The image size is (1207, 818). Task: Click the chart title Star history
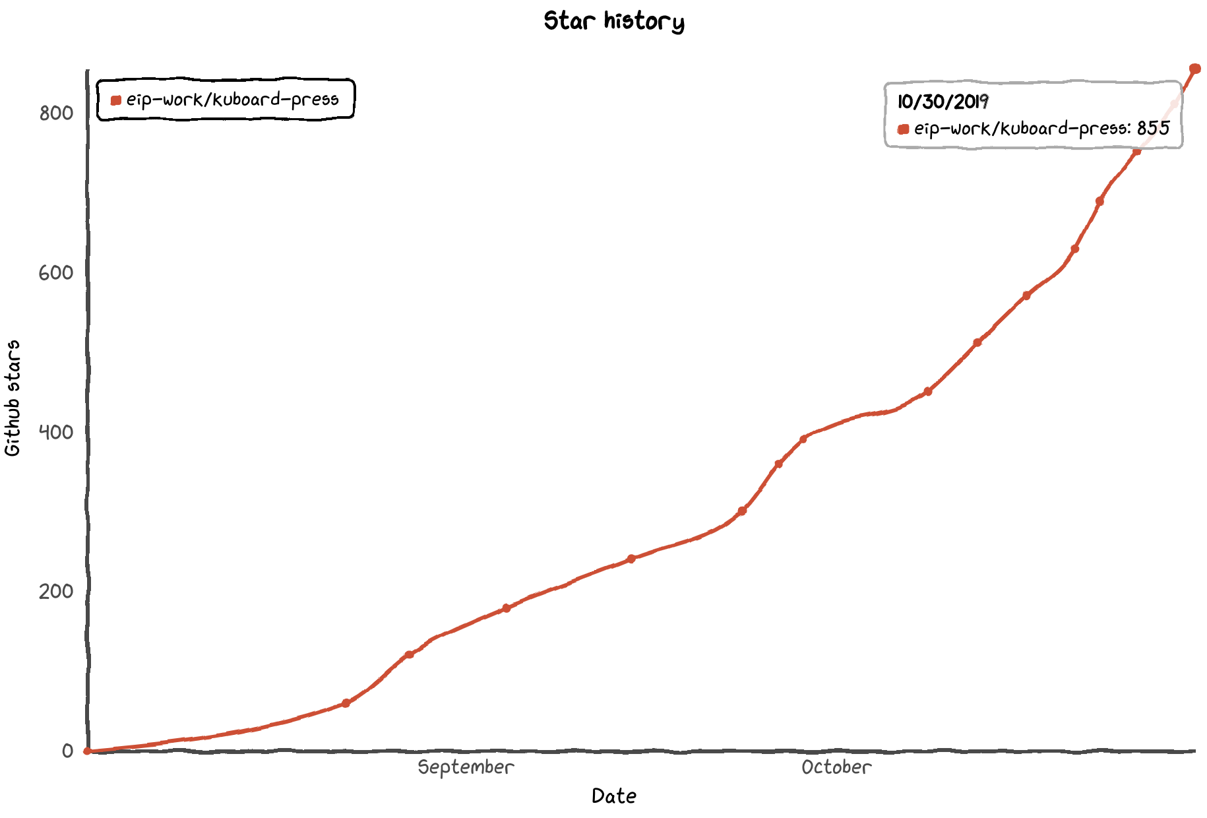(613, 21)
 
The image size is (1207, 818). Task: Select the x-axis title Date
(613, 796)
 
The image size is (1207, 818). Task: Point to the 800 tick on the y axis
(56, 113)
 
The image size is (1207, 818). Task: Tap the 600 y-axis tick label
(56, 273)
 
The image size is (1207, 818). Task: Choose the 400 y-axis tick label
(56, 433)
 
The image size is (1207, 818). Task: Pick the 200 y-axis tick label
(56, 591)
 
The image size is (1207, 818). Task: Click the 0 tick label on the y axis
(67, 751)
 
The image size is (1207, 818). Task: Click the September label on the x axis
(466, 767)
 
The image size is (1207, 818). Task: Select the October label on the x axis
(836, 767)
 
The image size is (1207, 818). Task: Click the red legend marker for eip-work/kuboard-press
(116, 100)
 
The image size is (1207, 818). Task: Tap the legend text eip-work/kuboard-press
(232, 100)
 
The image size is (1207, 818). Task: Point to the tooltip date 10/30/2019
(943, 102)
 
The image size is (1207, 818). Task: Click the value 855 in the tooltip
(1153, 128)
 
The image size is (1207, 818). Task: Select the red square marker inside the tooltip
(904, 129)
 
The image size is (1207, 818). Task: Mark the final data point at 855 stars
(1194, 69)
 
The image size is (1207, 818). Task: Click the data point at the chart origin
(87, 751)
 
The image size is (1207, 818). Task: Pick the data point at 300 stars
(742, 511)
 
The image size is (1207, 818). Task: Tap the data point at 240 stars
(631, 559)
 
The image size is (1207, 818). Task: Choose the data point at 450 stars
(927, 391)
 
